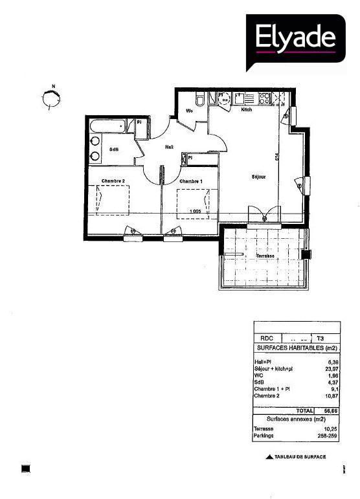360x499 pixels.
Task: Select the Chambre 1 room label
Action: pyautogui.click(x=191, y=181)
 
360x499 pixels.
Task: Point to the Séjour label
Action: pyautogui.click(x=259, y=176)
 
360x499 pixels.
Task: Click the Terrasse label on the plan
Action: pyautogui.click(x=265, y=256)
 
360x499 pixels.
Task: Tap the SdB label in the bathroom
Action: pyautogui.click(x=114, y=150)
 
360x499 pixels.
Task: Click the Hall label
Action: pyautogui.click(x=169, y=147)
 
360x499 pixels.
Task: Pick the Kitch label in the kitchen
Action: pyautogui.click(x=246, y=110)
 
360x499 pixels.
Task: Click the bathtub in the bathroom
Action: pyautogui.click(x=108, y=125)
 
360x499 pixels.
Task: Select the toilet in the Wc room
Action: pyautogui.click(x=200, y=99)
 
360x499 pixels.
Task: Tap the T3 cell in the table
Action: pyautogui.click(x=321, y=338)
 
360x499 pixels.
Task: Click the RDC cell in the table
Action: pyautogui.click(x=266, y=338)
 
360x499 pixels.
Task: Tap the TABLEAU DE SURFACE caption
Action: pyautogui.click(x=299, y=457)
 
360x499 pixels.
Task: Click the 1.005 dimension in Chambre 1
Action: pyautogui.click(x=194, y=212)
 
